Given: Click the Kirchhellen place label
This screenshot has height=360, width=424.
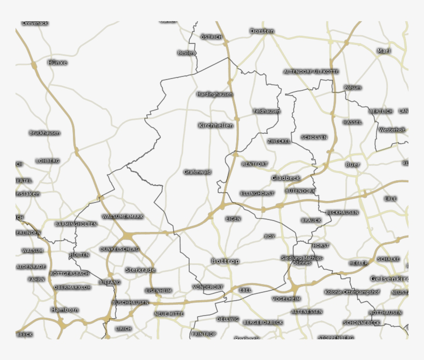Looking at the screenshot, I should [x=216, y=126].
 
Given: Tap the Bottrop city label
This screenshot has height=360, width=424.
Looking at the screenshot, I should [x=225, y=261].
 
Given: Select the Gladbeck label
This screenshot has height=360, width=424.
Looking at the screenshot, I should [x=285, y=178].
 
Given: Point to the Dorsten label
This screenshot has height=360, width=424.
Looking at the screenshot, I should [x=262, y=32].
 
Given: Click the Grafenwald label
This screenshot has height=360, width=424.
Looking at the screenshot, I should [x=198, y=172].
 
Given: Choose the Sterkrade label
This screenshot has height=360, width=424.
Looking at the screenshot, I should [x=140, y=270].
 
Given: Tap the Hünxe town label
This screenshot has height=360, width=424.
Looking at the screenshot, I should [x=57, y=62].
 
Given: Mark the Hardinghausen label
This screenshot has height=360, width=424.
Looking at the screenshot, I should [x=215, y=95].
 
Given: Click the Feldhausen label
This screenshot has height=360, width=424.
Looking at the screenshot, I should [x=267, y=111].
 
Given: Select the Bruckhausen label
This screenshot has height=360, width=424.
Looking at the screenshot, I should [x=44, y=133].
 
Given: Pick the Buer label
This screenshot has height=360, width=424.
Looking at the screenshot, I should [x=353, y=165].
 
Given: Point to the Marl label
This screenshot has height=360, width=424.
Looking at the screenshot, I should [x=384, y=51].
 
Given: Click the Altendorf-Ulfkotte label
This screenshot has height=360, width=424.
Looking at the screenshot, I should [x=311, y=72].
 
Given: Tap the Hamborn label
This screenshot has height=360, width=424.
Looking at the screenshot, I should [x=65, y=310].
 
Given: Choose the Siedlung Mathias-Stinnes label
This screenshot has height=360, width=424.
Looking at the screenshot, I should [x=302, y=260].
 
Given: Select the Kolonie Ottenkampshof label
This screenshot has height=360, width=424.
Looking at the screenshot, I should [x=352, y=292].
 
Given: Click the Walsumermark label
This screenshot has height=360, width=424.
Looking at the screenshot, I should [x=123, y=216].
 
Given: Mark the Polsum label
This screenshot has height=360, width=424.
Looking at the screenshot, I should [x=353, y=88].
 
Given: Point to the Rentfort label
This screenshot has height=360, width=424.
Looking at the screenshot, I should [x=255, y=164].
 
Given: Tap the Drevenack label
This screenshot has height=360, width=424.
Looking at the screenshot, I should [x=35, y=23].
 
